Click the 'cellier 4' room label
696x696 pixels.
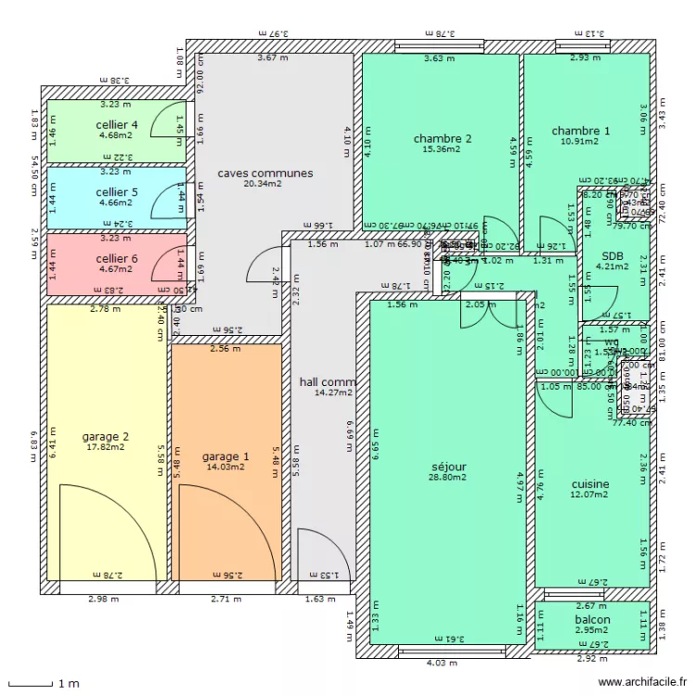(x=117, y=125)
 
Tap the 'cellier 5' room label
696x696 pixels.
(x=117, y=192)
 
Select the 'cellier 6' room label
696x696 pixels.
(x=117, y=259)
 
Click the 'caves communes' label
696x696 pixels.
(x=265, y=174)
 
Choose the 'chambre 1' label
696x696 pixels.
(x=581, y=131)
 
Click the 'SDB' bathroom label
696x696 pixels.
(x=612, y=257)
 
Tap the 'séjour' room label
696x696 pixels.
(x=449, y=467)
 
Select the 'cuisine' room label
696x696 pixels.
(x=590, y=484)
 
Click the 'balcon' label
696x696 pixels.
(x=592, y=620)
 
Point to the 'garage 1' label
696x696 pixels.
(x=226, y=457)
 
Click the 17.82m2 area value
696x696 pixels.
(x=106, y=446)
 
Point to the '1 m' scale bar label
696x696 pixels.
(x=68, y=684)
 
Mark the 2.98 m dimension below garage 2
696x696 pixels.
(x=103, y=599)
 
